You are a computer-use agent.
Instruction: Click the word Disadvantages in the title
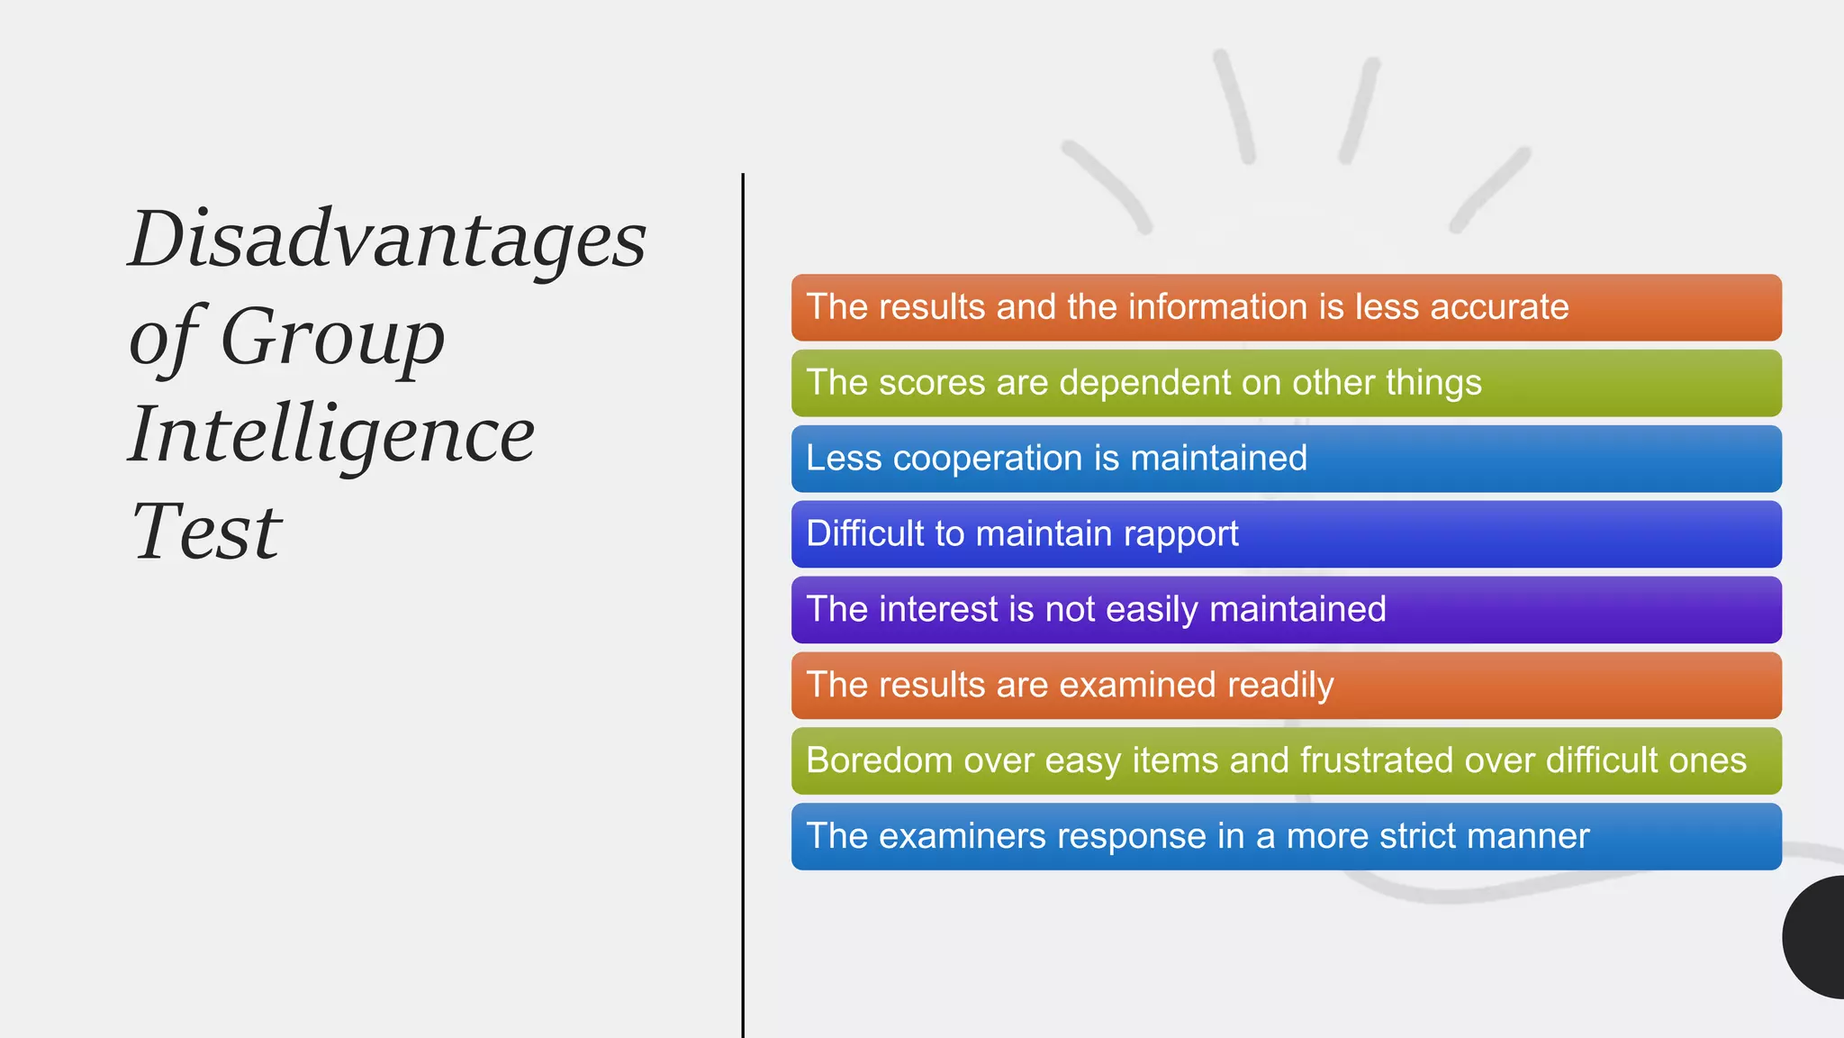point(387,240)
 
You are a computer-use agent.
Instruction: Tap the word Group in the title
point(332,337)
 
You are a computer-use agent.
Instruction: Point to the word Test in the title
point(206,532)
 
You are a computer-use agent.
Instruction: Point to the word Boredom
point(879,760)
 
